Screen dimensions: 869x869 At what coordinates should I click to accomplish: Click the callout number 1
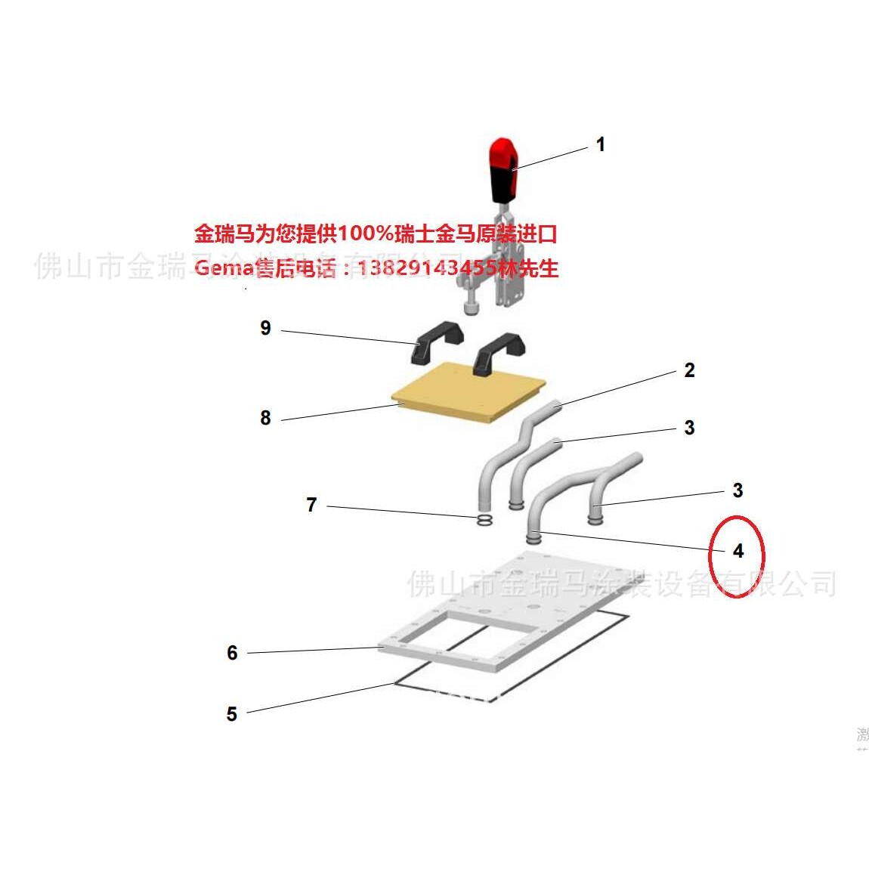click(600, 144)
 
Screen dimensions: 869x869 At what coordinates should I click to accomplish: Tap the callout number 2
click(688, 370)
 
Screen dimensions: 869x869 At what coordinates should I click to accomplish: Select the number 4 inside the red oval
click(738, 551)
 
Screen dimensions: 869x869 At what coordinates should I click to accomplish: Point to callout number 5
click(231, 714)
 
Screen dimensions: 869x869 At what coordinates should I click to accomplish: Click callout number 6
click(232, 653)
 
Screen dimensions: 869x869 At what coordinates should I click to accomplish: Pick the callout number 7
click(311, 505)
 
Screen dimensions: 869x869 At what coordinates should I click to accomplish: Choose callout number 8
click(265, 418)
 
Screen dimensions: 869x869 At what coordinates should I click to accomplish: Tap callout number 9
click(265, 328)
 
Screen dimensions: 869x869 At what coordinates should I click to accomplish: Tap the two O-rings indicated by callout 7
click(485, 521)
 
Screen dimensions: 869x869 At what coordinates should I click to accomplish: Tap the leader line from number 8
click(340, 412)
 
